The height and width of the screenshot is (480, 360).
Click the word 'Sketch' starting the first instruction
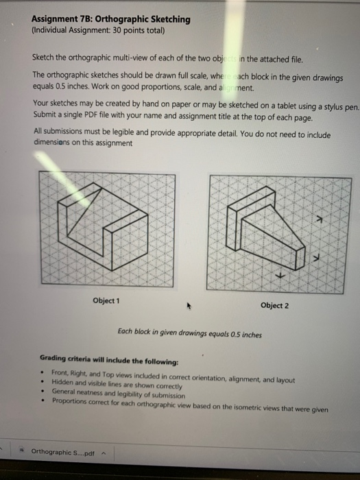point(45,60)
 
